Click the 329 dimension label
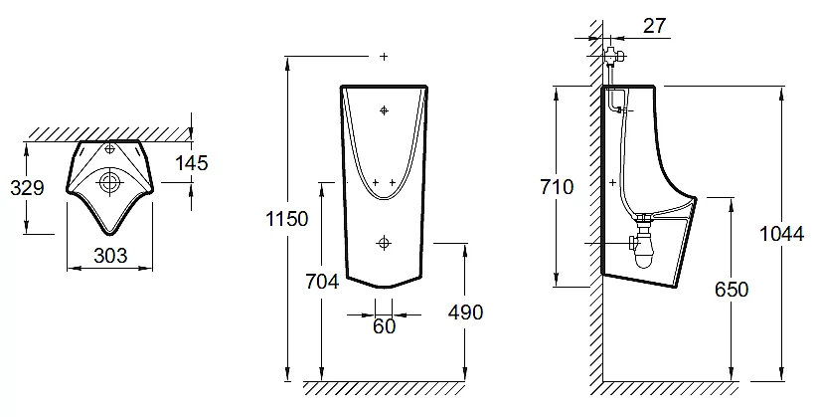[x=27, y=187]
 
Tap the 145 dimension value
[x=192, y=163]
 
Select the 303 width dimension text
[x=110, y=255]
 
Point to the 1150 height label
[x=287, y=218]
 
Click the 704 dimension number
[x=322, y=281]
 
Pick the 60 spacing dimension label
[x=384, y=326]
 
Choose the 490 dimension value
[x=465, y=312]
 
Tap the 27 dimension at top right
[x=654, y=25]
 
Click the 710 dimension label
[x=557, y=186]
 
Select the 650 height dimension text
[x=732, y=289]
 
